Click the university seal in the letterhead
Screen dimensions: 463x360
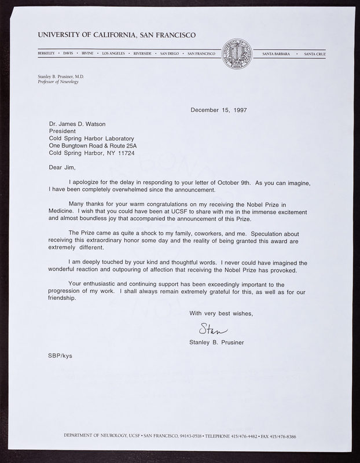(238, 54)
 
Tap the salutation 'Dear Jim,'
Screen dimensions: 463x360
(63, 167)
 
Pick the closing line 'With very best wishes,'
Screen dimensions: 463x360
(221, 313)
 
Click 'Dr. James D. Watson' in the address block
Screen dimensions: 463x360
(79, 123)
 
